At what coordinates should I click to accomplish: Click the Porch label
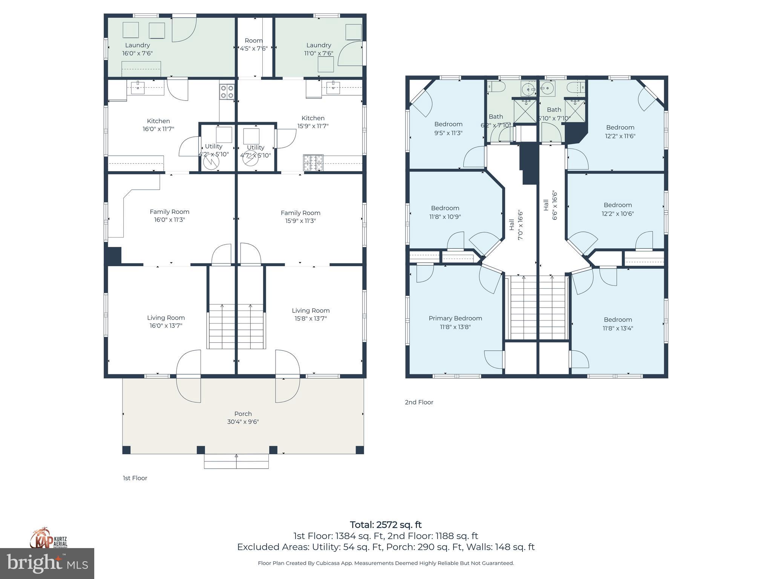(243, 414)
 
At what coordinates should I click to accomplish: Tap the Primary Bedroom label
(455, 318)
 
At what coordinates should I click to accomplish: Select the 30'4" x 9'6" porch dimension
(243, 422)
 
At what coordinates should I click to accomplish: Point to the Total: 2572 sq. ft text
(386, 525)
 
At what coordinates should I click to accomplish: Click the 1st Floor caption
(135, 478)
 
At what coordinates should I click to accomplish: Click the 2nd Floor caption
(419, 402)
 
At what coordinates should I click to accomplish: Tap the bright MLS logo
(47, 563)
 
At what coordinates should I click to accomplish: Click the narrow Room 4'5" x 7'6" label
(254, 44)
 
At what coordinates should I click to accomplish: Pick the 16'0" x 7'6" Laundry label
(138, 49)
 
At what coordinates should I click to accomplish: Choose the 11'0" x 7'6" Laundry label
(319, 49)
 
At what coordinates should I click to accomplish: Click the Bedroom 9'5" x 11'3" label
(448, 128)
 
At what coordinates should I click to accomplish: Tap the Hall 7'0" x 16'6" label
(516, 225)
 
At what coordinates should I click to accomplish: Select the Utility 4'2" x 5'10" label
(213, 150)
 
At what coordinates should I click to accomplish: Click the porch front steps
(236, 461)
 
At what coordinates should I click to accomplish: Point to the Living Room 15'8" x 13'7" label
(311, 314)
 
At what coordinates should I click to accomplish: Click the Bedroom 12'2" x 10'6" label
(617, 209)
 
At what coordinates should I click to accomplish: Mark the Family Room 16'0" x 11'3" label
(169, 216)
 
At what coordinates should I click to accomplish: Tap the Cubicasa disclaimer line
(386, 563)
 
